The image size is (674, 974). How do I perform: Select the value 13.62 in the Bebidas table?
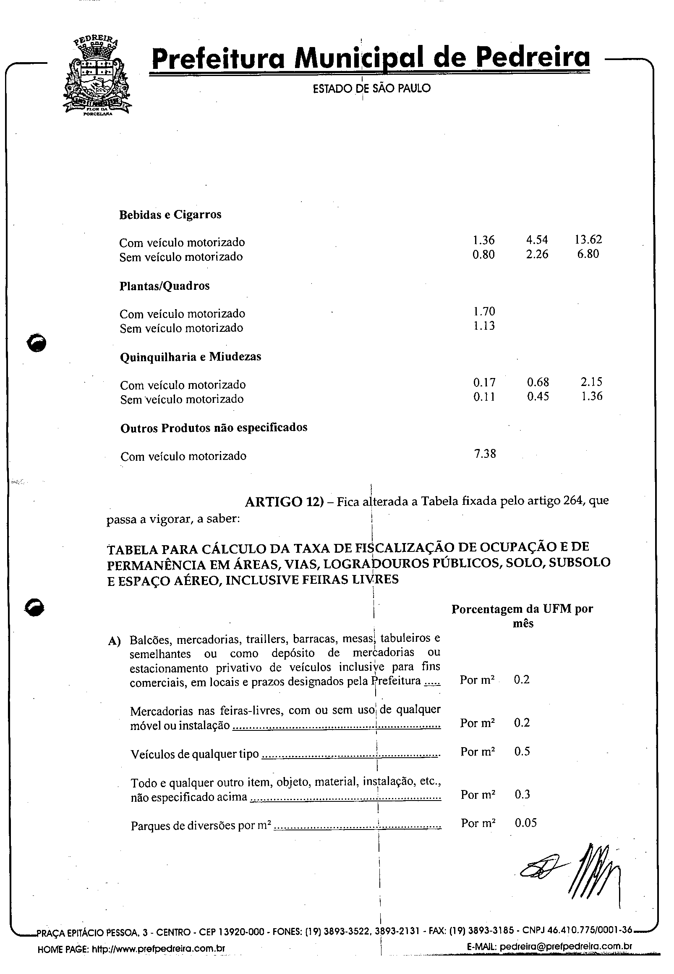[588, 240]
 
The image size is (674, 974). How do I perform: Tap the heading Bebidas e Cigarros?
[170, 215]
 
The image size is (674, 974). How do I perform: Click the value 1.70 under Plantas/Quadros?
[484, 312]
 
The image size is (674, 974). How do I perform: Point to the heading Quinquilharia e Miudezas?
[191, 357]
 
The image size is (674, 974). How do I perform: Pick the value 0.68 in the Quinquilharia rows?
[538, 382]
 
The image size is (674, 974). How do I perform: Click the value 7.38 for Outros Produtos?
[485, 454]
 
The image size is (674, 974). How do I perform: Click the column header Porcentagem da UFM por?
[522, 609]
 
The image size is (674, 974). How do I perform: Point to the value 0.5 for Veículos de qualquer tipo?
[522, 751]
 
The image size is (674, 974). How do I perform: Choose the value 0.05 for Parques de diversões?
[526, 823]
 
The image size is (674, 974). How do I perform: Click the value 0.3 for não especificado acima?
[522, 794]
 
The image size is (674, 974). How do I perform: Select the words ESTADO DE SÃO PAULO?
[371, 88]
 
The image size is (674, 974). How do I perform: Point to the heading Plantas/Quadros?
[164, 286]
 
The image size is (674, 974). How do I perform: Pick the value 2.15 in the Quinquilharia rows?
[591, 382]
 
